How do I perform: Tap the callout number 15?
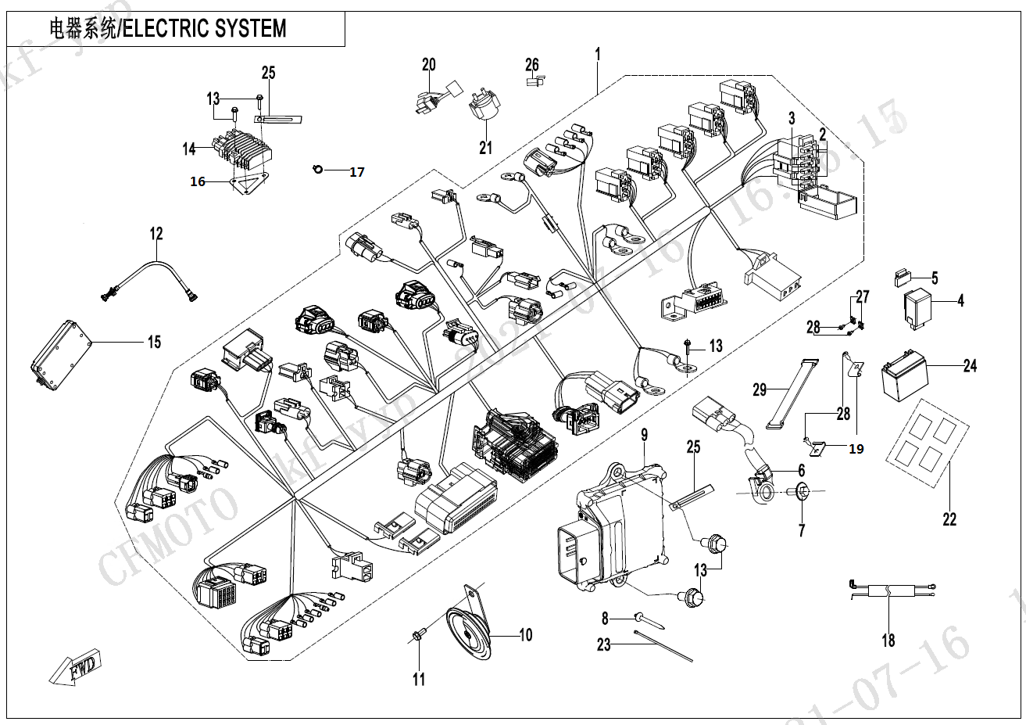154,342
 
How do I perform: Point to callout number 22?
949,519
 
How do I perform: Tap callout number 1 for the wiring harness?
597,55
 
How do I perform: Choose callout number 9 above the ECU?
645,436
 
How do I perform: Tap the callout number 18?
888,641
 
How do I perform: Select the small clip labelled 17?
317,169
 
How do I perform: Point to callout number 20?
428,64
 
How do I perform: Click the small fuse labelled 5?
904,275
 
